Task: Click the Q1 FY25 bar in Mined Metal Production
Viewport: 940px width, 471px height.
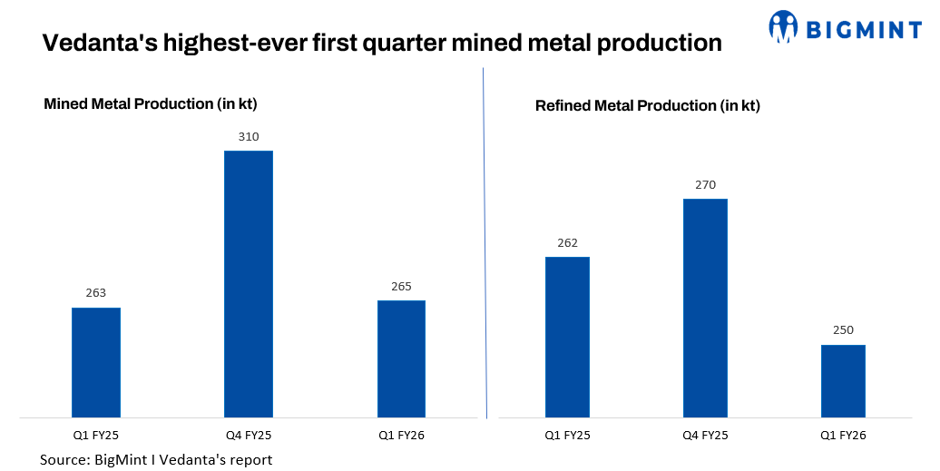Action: [x=96, y=363]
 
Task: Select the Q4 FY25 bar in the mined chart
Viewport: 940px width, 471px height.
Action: [x=249, y=284]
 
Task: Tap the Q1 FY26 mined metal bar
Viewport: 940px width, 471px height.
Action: [x=401, y=359]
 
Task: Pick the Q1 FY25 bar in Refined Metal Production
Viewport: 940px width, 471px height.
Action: [x=567, y=338]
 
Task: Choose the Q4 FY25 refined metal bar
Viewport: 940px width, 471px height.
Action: [x=705, y=309]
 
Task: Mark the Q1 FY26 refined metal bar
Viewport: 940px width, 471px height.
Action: [x=843, y=381]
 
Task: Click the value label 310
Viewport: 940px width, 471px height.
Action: [x=249, y=137]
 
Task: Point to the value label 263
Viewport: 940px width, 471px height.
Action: [x=96, y=293]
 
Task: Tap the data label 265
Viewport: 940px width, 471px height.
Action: [x=401, y=287]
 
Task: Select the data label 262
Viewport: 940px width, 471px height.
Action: [x=567, y=243]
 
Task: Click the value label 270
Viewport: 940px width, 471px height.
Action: [x=705, y=185]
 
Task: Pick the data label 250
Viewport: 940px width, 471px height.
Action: [x=843, y=330]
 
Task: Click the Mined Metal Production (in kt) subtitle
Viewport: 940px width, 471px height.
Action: [x=157, y=104]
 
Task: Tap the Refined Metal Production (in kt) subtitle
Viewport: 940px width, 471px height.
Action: [x=647, y=106]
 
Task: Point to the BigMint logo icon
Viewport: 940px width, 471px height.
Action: [x=783, y=27]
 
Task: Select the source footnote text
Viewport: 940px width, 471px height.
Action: [x=156, y=459]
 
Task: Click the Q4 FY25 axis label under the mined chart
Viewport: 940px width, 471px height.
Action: [x=249, y=436]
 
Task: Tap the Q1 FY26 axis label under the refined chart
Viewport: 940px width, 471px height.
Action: [x=843, y=436]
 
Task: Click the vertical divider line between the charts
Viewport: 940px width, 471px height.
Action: [x=485, y=245]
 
